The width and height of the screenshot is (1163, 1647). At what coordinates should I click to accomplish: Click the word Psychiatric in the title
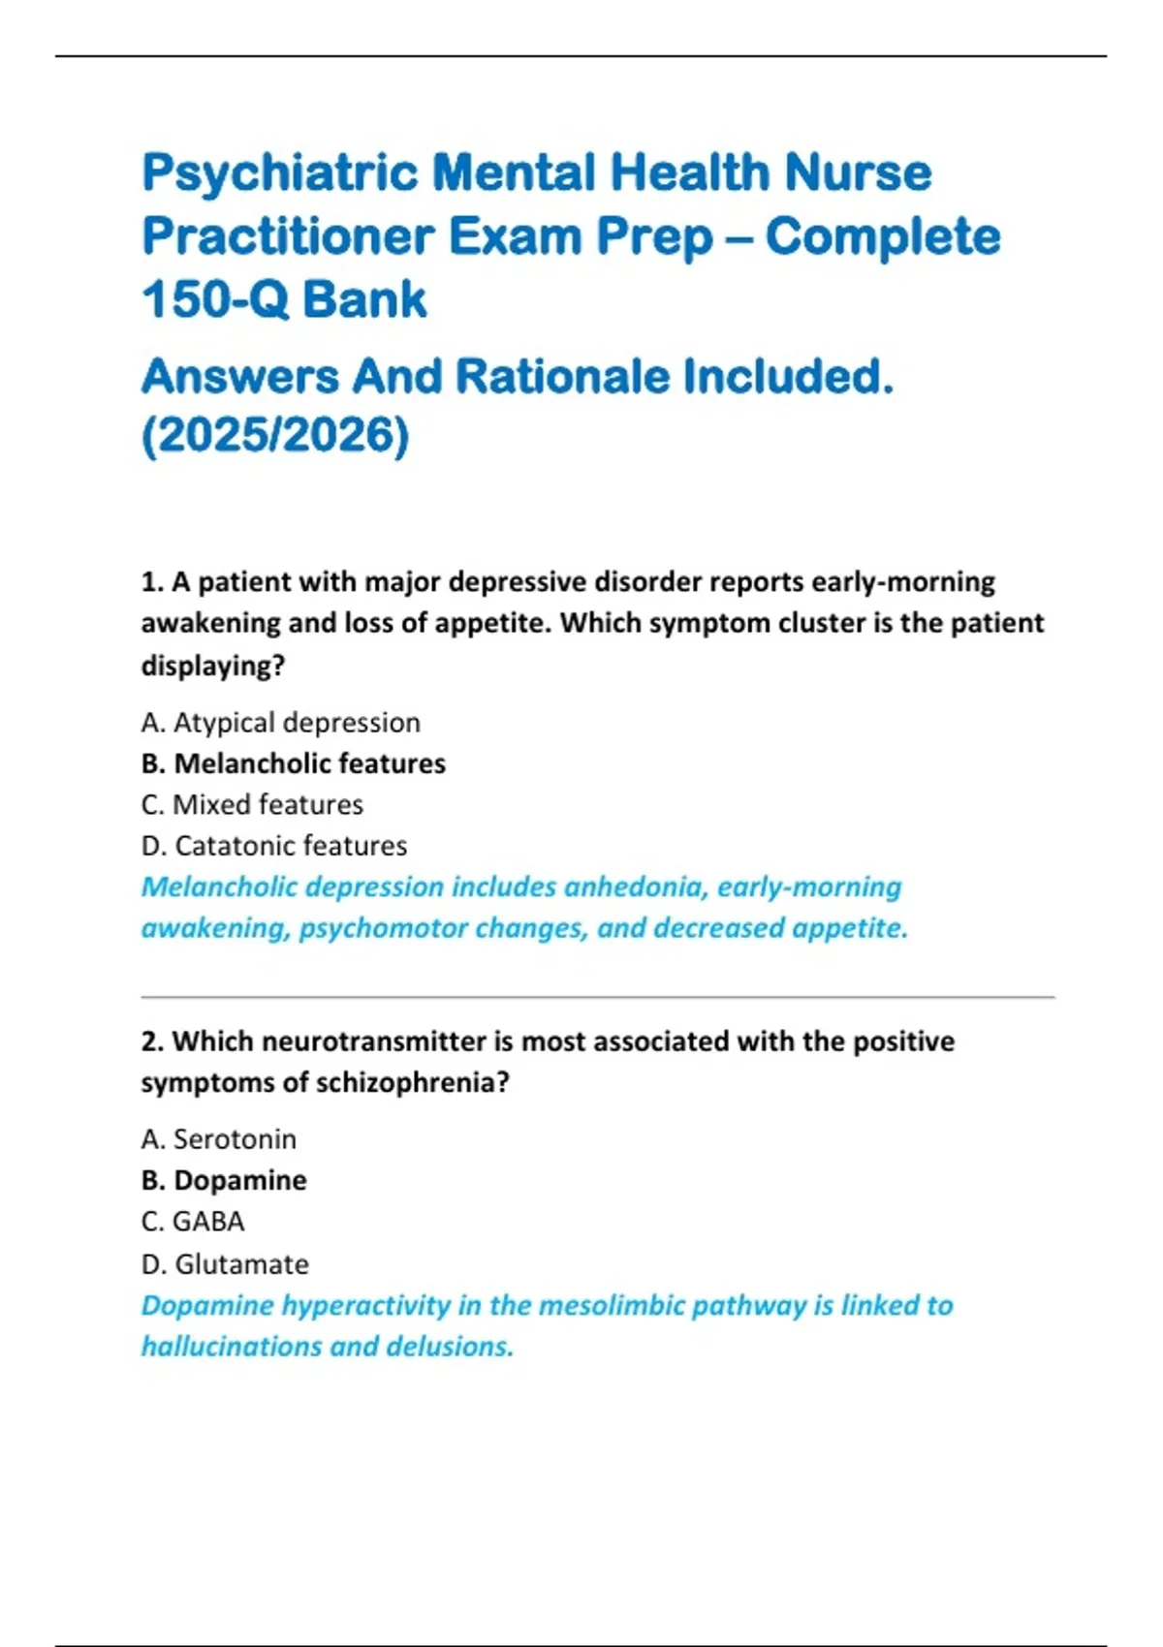point(280,174)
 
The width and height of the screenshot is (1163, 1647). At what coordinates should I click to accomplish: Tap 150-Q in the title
point(215,299)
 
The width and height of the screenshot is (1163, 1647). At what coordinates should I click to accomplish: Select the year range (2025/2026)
point(276,434)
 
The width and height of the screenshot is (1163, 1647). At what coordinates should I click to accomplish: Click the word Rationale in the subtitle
point(562,377)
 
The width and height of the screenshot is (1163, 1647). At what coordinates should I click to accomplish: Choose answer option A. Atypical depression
point(280,723)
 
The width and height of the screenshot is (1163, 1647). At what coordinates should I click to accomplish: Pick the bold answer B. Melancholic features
point(293,763)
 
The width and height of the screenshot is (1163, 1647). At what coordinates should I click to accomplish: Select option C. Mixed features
point(252,804)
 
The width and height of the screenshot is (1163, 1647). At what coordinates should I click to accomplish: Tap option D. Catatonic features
point(273,846)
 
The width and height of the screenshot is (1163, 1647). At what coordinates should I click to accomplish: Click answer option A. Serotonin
point(218,1139)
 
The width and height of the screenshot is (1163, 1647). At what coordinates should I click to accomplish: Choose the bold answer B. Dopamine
point(224,1180)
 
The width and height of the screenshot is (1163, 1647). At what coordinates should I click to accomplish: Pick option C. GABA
point(192,1222)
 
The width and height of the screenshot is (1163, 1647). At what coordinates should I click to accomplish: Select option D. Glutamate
point(225,1264)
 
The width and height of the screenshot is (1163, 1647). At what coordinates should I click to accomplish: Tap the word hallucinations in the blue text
point(232,1347)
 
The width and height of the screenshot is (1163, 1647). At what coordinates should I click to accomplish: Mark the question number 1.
point(150,582)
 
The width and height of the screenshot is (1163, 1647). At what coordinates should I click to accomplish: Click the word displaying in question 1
point(206,666)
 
